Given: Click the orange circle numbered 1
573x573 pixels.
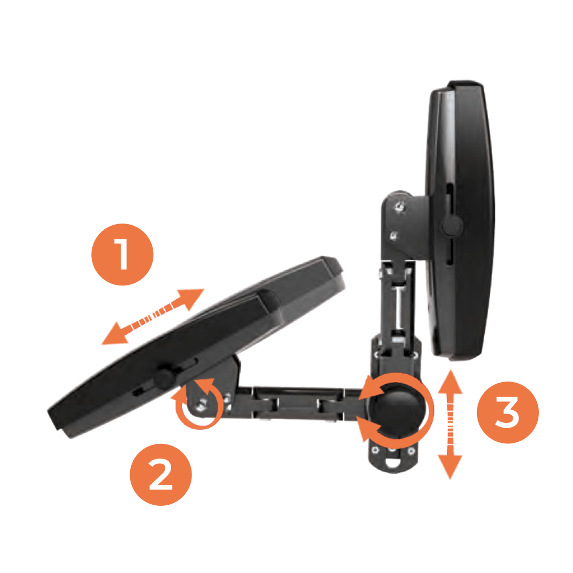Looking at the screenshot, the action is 122,254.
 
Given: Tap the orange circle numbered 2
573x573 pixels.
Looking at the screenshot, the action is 161,474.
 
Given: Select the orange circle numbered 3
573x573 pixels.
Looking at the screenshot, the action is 507,412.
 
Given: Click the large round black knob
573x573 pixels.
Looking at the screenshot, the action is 398,409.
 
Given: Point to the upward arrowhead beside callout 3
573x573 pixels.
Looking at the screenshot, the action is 450,382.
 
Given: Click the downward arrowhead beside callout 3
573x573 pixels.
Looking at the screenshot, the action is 450,466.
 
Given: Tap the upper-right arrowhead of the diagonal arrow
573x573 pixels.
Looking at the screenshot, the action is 190,298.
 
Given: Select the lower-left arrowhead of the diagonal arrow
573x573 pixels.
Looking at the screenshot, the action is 115,334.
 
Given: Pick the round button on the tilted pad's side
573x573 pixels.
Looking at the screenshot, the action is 163,379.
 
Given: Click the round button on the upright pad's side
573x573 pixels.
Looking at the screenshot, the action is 451,226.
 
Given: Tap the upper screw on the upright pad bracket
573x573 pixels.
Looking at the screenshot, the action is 400,207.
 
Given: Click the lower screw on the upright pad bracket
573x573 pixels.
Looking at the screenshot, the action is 394,236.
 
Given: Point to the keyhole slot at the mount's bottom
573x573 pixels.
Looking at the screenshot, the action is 392,462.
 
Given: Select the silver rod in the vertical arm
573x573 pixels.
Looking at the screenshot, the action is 399,307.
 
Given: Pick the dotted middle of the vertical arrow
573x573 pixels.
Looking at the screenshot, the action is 450,425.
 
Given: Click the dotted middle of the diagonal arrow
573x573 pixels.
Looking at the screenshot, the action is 153,316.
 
